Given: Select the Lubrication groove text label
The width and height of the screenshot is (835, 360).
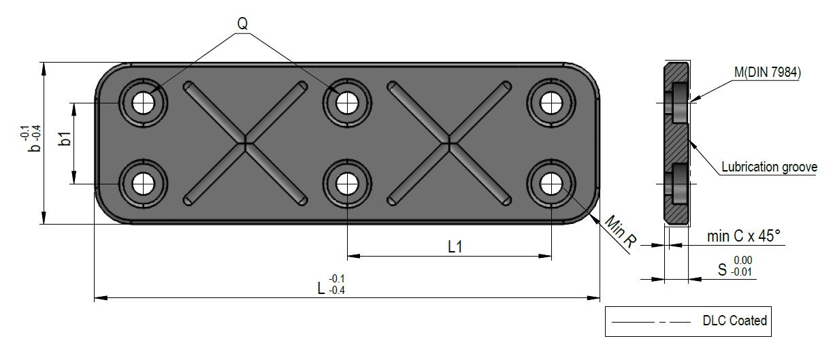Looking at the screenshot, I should pos(769,167).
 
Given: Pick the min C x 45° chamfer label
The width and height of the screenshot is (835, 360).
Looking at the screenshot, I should pos(744,236).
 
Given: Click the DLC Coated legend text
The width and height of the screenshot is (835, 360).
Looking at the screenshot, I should pos(735,321).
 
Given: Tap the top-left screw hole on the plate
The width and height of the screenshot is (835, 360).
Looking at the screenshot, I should pos(143,103).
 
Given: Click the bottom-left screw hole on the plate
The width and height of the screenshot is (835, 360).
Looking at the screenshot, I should pos(143,182).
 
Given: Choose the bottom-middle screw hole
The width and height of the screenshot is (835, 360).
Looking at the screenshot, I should pos(348,182).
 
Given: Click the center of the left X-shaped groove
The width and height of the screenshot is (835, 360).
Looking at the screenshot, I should pos(245,143).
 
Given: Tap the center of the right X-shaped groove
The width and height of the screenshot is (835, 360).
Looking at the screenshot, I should pos(449,143).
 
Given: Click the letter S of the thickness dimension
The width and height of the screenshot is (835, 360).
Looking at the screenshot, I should pos(723,270).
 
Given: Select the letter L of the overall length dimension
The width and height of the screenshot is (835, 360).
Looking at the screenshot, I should pos(321,288).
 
